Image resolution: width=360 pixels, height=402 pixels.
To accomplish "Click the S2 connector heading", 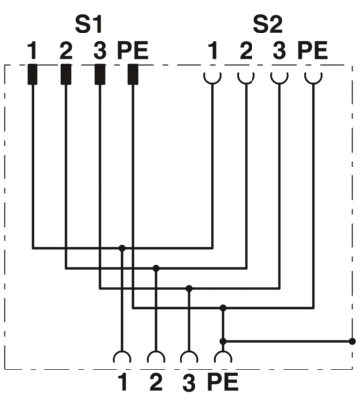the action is [266, 21].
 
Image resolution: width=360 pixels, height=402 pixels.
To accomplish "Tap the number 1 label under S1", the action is [32, 48].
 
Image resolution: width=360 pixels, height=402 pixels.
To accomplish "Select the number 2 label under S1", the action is [66, 48].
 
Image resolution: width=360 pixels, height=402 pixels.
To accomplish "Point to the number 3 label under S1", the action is [99, 48].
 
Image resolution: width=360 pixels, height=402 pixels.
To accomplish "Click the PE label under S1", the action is [132, 48].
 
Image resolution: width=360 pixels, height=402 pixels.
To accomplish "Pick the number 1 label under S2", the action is [212, 48].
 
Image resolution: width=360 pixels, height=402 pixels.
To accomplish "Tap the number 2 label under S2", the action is [246, 48].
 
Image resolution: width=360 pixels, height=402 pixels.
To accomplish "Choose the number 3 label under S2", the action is [279, 48].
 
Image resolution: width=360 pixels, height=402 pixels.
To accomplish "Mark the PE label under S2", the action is [313, 48].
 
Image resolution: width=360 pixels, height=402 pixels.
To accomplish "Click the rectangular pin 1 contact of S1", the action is [32, 75].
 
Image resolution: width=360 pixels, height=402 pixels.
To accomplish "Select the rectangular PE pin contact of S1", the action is [132, 75].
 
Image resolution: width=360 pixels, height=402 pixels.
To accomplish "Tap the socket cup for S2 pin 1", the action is [212, 74].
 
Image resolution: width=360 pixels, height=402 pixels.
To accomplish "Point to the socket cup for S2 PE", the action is [313, 74].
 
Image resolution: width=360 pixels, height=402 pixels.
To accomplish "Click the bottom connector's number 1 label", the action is [122, 378].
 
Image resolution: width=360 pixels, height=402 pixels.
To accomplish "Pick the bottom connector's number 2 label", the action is [156, 378].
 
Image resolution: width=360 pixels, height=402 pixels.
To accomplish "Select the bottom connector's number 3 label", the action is [189, 378].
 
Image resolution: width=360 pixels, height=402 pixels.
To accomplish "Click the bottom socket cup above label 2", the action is [156, 356].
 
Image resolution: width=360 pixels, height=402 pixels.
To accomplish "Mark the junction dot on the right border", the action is [352, 340].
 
